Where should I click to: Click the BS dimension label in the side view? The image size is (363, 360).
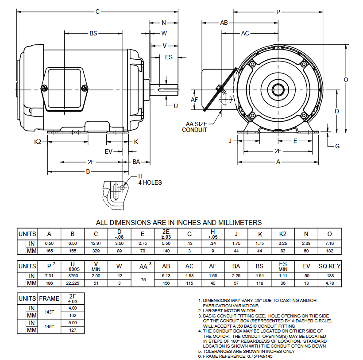pos(93,33)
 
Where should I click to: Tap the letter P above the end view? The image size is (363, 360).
pos(278,12)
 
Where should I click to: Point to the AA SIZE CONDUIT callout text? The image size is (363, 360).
pos(194,127)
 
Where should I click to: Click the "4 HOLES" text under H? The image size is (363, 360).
pos(150,182)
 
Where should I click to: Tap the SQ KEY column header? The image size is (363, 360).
pos(329,266)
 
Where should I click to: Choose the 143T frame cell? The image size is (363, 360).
pos(50,311)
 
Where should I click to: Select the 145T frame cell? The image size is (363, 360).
pos(50,326)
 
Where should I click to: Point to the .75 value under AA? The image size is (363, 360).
pos(143,279)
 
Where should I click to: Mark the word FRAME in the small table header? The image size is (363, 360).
pos(50,298)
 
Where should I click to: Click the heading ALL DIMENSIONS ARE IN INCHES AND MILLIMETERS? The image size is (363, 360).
pos(179,222)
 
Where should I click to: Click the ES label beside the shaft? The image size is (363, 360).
pos(169,57)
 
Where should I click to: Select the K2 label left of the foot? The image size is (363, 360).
pos(38,142)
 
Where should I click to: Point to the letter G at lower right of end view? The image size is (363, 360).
pos(337,146)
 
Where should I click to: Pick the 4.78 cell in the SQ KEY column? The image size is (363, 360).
pos(329,283)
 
